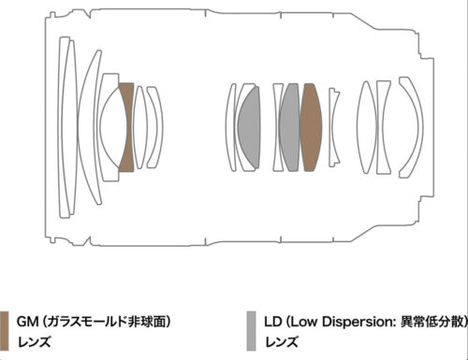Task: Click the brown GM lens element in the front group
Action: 126,127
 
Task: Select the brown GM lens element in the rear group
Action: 311,127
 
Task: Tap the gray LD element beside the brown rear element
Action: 290,127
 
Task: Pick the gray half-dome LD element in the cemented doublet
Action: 250,127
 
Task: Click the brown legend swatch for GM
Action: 4,331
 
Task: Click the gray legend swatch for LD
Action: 251,331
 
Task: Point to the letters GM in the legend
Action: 28,322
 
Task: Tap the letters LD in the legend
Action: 272,322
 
